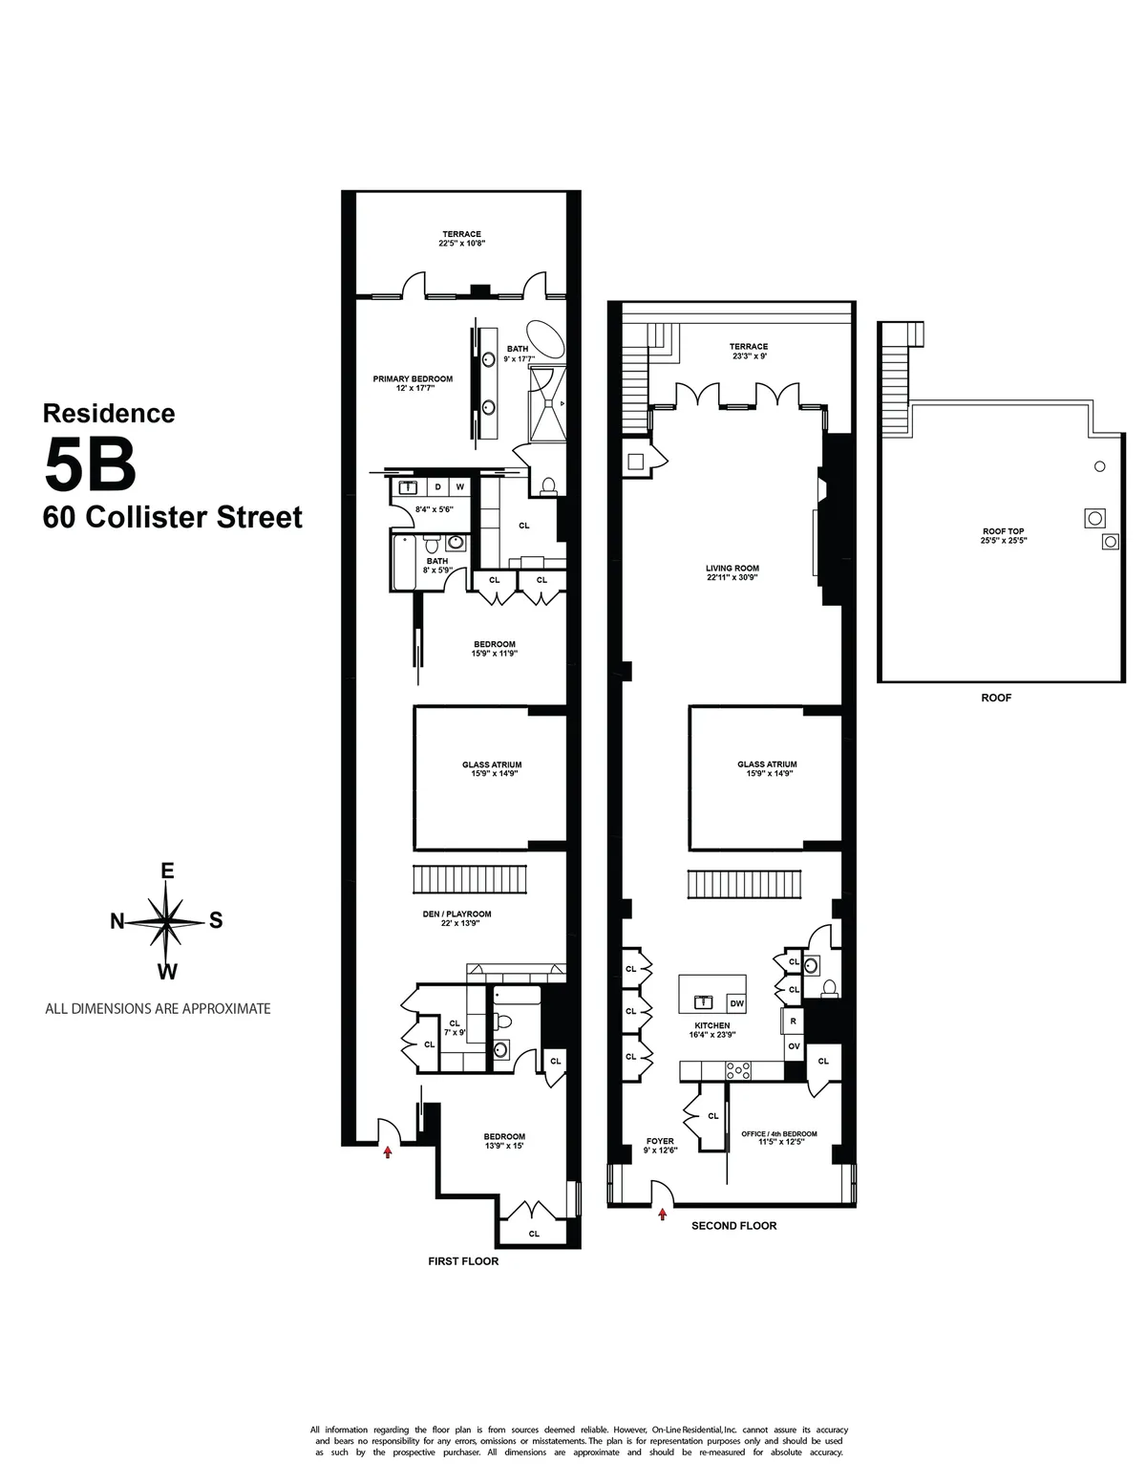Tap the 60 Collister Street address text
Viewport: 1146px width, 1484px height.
pos(173,518)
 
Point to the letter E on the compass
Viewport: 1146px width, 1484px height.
pos(167,871)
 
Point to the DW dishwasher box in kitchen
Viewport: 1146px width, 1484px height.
pos(736,1003)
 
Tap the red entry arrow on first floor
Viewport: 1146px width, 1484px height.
pos(388,1152)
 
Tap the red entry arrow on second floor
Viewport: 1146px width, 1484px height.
pos(662,1215)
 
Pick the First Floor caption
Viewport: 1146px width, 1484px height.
pos(463,1261)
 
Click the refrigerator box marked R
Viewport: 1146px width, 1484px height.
pos(793,1021)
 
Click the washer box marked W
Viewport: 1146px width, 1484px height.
pos(459,487)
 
